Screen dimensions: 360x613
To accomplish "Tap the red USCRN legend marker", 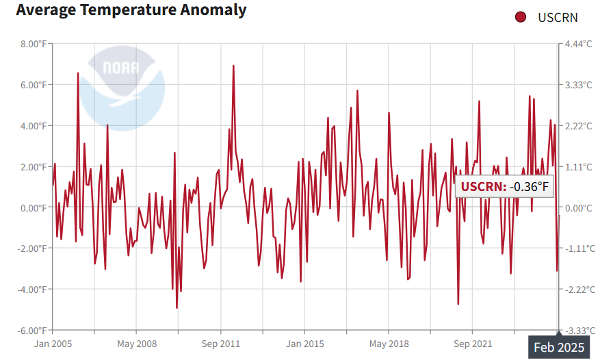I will pyautogui.click(x=521, y=17).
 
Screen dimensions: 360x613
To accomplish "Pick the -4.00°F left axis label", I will pyautogui.click(x=31, y=290).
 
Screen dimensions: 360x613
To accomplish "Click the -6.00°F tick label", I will pyautogui.click(x=31, y=331).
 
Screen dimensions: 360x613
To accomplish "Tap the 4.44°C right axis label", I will pyautogui.click(x=578, y=44).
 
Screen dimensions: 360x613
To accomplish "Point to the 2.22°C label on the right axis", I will pyautogui.click(x=578, y=126).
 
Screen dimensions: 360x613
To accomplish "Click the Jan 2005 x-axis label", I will pyautogui.click(x=53, y=344).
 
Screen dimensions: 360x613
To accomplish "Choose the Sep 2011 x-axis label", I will pyautogui.click(x=220, y=344).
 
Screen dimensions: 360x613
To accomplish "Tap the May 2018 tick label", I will pyautogui.click(x=389, y=344).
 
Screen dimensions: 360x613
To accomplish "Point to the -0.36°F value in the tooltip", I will pyautogui.click(x=528, y=187).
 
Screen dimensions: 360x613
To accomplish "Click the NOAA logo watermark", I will pyautogui.click(x=122, y=86).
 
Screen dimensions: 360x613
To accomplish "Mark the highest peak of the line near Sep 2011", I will pyautogui.click(x=233, y=66).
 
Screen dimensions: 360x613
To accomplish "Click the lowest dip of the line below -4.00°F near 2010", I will pyautogui.click(x=177, y=308).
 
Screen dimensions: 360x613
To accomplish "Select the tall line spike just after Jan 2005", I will pyautogui.click(x=78, y=73).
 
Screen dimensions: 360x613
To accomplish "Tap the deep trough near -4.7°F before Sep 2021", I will pyautogui.click(x=458, y=304).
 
